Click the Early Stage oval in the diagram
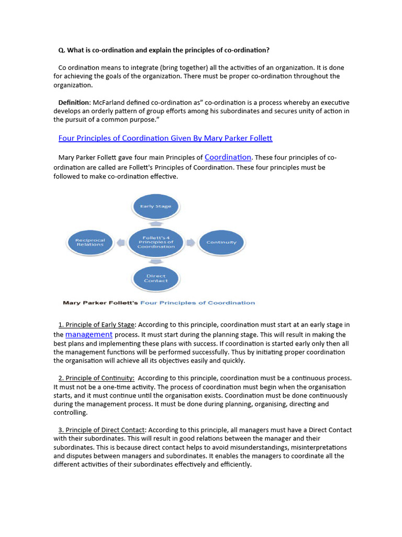(155, 206)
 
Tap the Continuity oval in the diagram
(221, 242)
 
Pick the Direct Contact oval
(155, 278)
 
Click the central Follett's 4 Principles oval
(155, 242)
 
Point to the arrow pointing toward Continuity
(191, 242)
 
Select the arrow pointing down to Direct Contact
(155, 261)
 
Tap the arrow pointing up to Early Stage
(155, 223)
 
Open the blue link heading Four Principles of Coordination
(165, 138)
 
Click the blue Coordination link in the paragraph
(228, 157)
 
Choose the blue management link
(88, 335)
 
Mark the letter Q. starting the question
(61, 50)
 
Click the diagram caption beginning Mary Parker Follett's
(159, 303)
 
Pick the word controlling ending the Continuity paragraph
(71, 413)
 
